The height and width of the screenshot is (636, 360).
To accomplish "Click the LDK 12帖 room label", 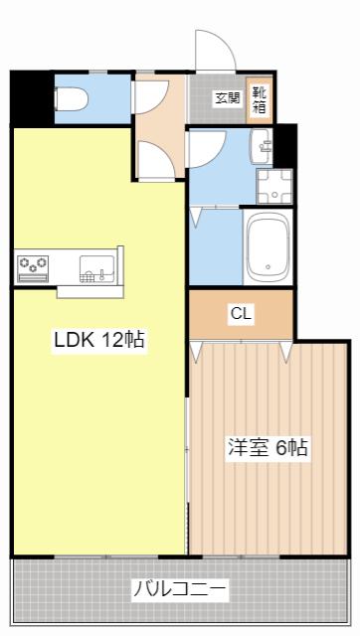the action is [99, 340].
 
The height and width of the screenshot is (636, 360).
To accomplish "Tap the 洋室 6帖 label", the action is [268, 447].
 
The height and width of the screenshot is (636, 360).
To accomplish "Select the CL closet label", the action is [242, 314].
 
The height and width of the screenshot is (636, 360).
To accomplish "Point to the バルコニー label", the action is [180, 587].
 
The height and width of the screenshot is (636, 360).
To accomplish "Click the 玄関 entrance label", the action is [228, 98].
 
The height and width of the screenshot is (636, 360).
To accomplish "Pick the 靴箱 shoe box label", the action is [259, 99].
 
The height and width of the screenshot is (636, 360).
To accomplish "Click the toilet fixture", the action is [72, 99].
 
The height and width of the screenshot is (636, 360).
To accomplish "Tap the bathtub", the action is [268, 246].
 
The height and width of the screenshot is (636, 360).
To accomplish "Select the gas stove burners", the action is [33, 268].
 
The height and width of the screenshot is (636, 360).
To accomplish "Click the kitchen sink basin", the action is [97, 268].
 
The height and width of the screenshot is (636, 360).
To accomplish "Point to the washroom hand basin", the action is [263, 146].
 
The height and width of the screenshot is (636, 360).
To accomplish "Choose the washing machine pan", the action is [274, 186].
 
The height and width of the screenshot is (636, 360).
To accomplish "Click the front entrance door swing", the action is [215, 50].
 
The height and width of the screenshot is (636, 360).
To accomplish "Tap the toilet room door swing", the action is [151, 97].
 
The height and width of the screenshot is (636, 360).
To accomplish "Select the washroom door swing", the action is [207, 149].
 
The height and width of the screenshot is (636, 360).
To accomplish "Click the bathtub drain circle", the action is [268, 266].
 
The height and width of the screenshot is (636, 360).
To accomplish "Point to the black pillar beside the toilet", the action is [32, 99].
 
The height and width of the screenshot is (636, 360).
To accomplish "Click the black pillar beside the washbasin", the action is [285, 146].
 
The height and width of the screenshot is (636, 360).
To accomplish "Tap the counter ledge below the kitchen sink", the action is [90, 292].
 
